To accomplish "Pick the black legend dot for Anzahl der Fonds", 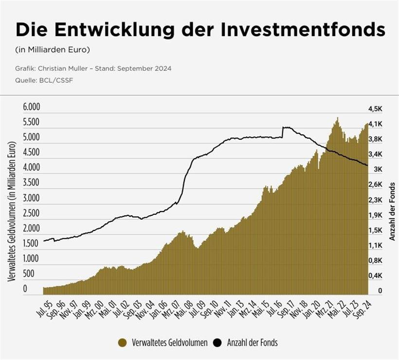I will coord(217,343).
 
